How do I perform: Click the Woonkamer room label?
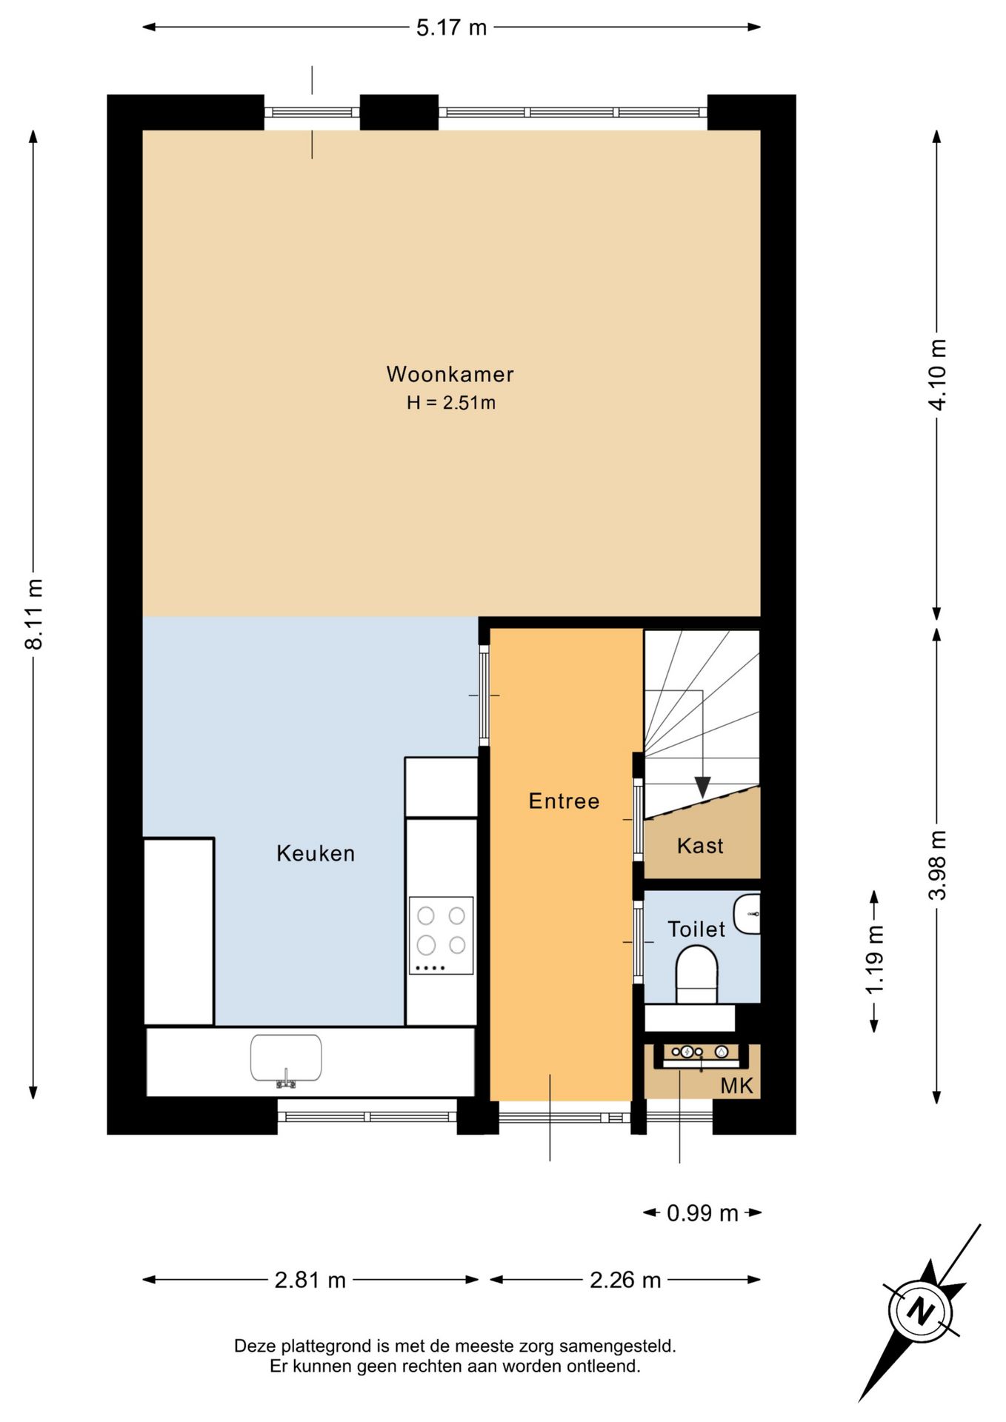point(450,374)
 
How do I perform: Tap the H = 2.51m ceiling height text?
point(450,403)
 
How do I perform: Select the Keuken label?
point(316,854)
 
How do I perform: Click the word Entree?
point(564,801)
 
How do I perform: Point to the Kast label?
point(700,846)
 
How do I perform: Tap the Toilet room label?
point(696,929)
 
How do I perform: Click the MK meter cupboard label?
point(736,1086)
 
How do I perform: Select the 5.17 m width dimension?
point(451,28)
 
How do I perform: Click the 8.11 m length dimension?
point(34,614)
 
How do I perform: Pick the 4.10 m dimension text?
point(938,374)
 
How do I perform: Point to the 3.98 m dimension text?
point(938,864)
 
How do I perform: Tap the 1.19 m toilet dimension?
point(875,959)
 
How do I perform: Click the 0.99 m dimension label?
point(702,1213)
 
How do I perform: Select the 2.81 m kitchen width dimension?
point(310,1280)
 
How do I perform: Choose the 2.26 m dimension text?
point(625,1280)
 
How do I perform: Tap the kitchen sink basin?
point(286,1058)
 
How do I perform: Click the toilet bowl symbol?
point(697,978)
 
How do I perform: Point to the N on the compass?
point(921,1312)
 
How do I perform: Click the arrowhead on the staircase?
point(702,787)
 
